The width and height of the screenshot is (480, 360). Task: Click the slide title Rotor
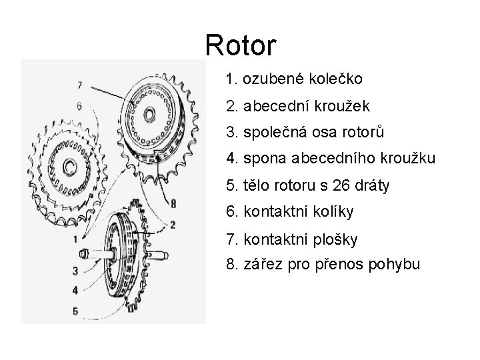(240, 45)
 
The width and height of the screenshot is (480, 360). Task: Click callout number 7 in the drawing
(79, 85)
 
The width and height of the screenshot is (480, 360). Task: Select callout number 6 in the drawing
(79, 105)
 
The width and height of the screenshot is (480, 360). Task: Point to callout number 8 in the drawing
(173, 203)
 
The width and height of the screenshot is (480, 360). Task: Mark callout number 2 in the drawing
(173, 224)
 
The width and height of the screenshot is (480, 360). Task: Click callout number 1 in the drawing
(75, 238)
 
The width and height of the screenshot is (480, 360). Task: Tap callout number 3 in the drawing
(75, 271)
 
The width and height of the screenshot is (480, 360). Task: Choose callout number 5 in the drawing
(75, 309)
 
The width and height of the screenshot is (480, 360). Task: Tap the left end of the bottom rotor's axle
(84, 253)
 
